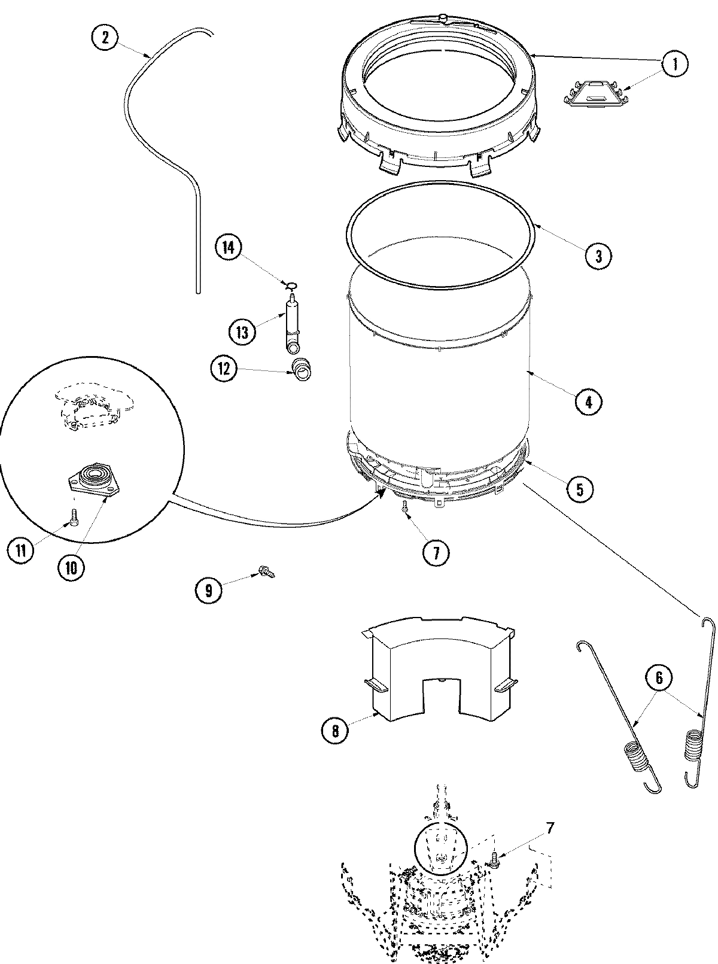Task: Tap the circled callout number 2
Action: pos(105,38)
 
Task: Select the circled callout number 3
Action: pos(598,256)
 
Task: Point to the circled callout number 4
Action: pos(588,402)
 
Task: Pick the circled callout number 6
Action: pos(659,678)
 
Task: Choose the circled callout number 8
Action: pos(334,731)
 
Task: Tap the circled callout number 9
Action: pos(208,591)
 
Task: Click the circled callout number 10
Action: pos(71,567)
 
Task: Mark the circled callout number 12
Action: pos(223,369)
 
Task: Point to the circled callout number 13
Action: pos(242,331)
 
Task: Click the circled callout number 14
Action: pos(228,247)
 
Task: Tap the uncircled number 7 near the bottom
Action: pos(549,829)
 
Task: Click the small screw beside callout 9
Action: pos(266,572)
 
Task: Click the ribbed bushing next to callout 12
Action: pos(302,370)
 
